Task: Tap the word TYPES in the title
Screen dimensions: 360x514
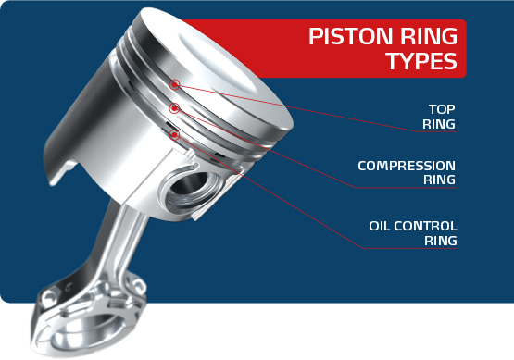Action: coord(420,63)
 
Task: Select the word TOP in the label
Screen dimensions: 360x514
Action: coord(441,106)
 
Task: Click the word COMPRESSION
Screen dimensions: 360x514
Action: coord(407,166)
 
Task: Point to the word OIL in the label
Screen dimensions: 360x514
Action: coord(382,225)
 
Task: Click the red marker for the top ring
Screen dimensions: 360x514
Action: coord(175,85)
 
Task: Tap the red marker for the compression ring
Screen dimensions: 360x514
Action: coord(174,110)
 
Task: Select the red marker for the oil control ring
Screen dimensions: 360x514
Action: coord(174,135)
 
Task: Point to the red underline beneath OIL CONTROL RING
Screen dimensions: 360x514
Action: coord(407,250)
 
